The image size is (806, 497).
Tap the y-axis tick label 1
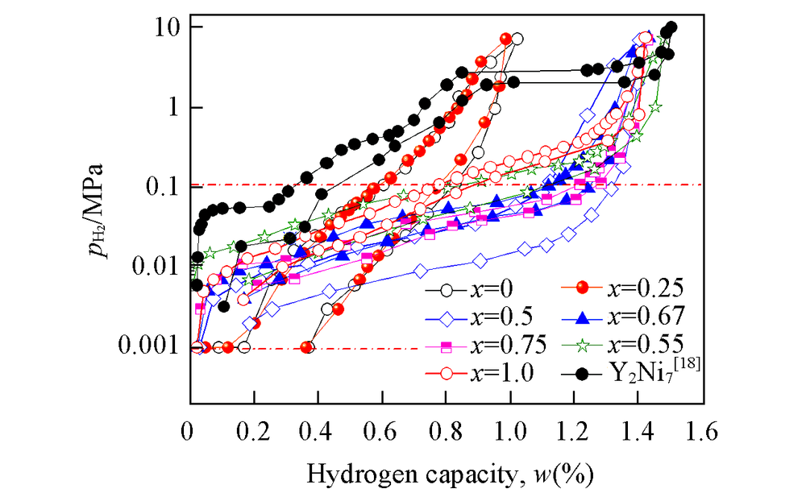pos(172,107)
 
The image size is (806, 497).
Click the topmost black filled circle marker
pos(671,27)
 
